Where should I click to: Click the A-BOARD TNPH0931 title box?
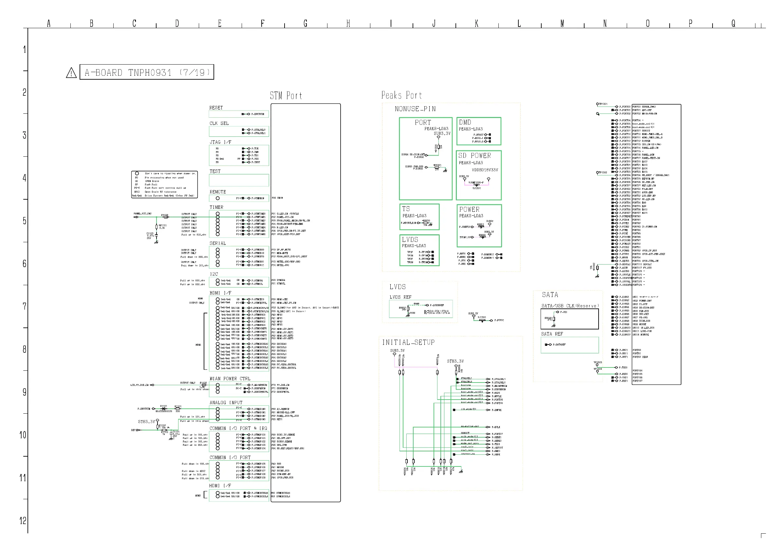(x=147, y=72)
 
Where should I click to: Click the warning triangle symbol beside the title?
(x=71, y=73)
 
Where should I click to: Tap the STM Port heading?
(x=286, y=96)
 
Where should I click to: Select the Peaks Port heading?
(x=401, y=95)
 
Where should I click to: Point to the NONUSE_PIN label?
(x=415, y=109)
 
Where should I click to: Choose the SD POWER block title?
(x=474, y=156)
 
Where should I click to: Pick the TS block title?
(x=406, y=209)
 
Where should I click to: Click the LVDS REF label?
(x=400, y=297)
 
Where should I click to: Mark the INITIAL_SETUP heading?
(x=408, y=343)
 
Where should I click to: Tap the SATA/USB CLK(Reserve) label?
(x=570, y=306)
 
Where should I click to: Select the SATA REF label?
(x=552, y=334)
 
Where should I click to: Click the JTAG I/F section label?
(x=220, y=142)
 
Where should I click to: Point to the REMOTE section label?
(x=217, y=192)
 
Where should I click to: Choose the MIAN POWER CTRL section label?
(x=230, y=379)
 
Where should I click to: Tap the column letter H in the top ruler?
(x=348, y=24)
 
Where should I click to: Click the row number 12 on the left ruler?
(x=23, y=521)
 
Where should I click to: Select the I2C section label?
(x=214, y=274)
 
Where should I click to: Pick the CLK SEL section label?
(x=219, y=124)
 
